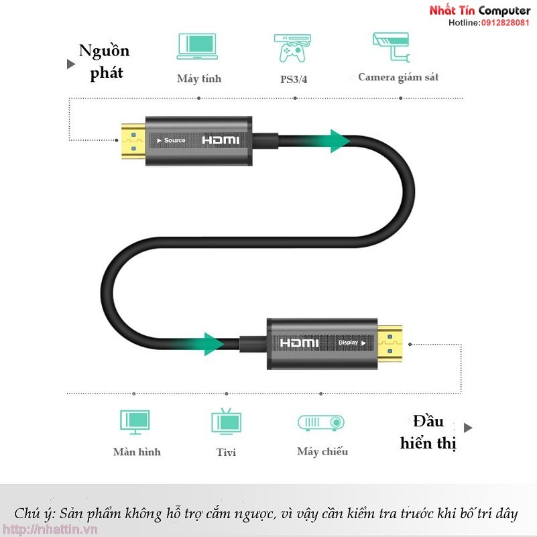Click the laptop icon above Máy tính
coord(197,47)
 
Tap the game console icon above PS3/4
coord(290,48)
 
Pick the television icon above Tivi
coord(225,421)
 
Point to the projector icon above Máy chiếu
coord(320,422)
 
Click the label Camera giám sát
coord(398,77)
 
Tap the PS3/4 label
coord(294,79)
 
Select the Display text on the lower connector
coord(351,342)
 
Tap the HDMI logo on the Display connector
coord(300,343)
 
